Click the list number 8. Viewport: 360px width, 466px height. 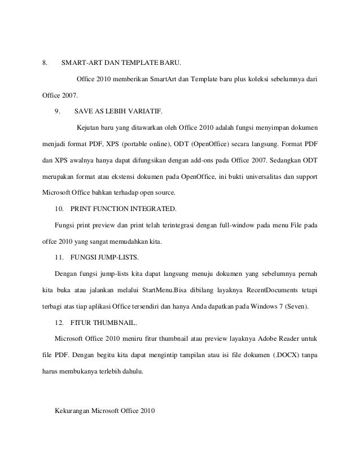point(45,61)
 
